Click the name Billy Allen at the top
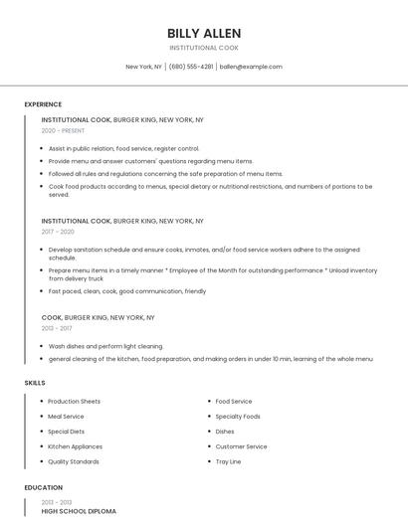coord(204,33)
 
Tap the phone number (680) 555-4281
coord(191,67)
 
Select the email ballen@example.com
coord(251,67)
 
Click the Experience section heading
coord(43,104)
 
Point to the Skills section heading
coord(35,382)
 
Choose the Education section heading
coord(43,487)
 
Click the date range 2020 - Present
coord(64,130)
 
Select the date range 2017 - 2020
coord(59,231)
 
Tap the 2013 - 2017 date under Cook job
coord(57,327)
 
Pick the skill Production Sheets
coord(75,402)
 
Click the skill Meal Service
coord(66,417)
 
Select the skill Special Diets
coord(66,432)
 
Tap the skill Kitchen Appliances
coord(75,446)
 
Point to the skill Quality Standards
coord(74,461)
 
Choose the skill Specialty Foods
coord(238,417)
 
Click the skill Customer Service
coord(241,446)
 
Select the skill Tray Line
coord(228,461)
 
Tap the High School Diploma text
coord(79,511)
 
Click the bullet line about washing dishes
coord(105,346)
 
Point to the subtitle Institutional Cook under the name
coord(204,48)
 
